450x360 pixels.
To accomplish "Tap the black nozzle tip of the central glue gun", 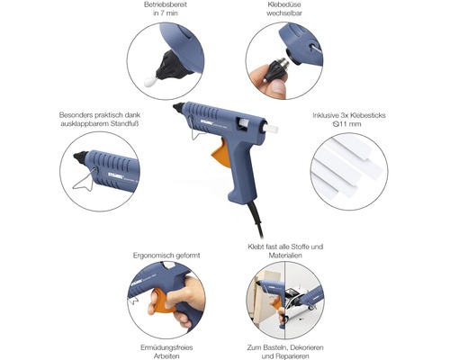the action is [178, 107].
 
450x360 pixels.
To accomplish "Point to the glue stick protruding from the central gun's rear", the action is [271, 128].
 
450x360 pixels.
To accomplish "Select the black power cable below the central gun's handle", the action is [256, 219].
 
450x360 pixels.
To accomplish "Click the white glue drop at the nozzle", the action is [149, 81].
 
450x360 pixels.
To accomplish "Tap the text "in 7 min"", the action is [166, 13].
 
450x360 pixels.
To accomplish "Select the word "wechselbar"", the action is [284, 13].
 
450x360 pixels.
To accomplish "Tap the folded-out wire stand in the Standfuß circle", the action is [85, 180].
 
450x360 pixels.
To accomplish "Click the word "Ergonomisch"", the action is [153, 256].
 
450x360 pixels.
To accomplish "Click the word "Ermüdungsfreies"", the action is [166, 347].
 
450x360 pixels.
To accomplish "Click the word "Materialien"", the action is [285, 256].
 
